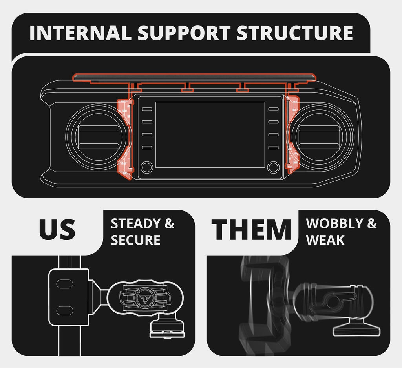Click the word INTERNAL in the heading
coord(80,33)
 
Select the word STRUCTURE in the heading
coord(294,33)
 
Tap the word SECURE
coord(135,240)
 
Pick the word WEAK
coord(325,240)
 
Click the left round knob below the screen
coord(147,167)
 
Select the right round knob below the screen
coord(273,167)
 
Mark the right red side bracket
coord(292,135)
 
